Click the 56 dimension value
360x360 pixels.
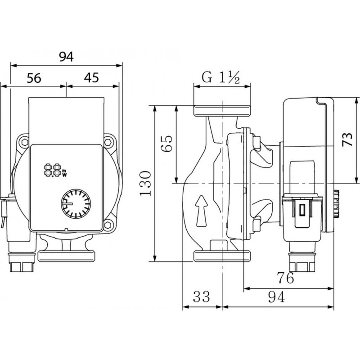pyautogui.click(x=34, y=78)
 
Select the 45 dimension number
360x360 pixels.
pyautogui.click(x=91, y=78)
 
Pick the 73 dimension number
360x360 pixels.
pyautogui.click(x=346, y=139)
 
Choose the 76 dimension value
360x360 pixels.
pyautogui.click(x=285, y=278)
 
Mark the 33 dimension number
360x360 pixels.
pyautogui.click(x=202, y=297)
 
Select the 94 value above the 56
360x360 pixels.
pyautogui.click(x=66, y=56)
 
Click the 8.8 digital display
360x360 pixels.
pyautogui.click(x=53, y=170)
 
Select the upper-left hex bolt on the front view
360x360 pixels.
pyautogui.click(x=23, y=143)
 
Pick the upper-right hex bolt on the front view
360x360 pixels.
pyautogui.click(x=108, y=142)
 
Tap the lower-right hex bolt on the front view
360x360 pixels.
pyautogui.click(x=108, y=224)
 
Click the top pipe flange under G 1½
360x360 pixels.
pyautogui.click(x=222, y=110)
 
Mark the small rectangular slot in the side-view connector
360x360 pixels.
pyautogui.click(x=302, y=209)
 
